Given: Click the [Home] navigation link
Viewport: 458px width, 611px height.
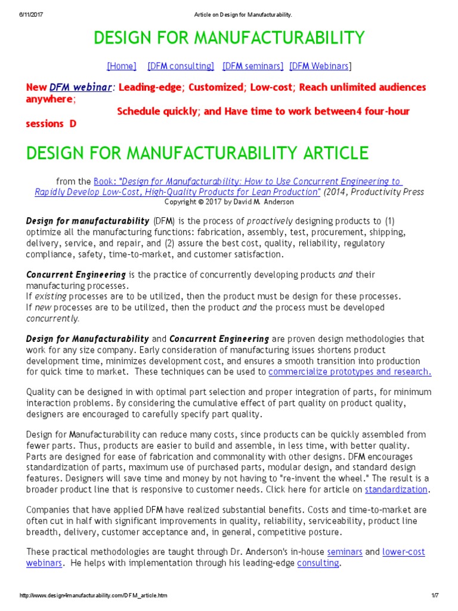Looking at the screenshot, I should (121, 66).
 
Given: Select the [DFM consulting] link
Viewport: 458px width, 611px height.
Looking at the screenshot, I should (181, 66).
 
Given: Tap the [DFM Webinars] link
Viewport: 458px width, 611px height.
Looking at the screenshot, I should (320, 66).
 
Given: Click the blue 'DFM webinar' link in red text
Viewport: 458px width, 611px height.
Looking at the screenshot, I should (81, 87).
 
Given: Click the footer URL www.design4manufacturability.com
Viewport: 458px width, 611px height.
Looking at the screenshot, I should (94, 596).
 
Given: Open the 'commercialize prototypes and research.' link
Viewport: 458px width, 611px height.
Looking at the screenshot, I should (350, 372).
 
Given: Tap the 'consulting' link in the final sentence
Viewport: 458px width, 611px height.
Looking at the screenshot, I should (318, 563).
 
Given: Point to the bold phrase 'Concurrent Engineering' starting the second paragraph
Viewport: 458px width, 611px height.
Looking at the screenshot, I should (76, 274).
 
